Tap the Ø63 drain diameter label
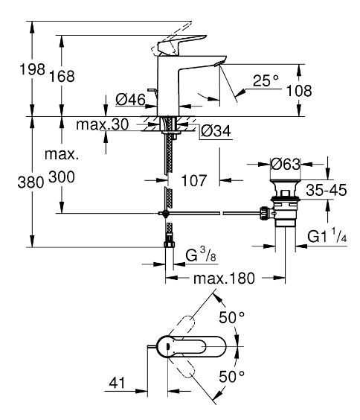tap(286, 162)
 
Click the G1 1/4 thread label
tap(327, 237)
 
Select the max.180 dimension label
tap(225, 279)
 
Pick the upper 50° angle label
tap(234, 318)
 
